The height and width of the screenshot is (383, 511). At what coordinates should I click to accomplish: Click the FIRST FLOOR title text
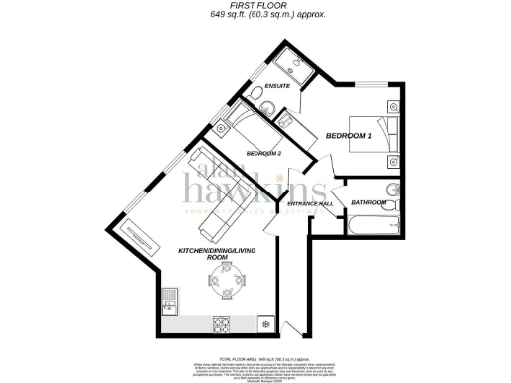[x=255, y=5]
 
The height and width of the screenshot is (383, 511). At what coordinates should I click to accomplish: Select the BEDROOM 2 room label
[x=264, y=154]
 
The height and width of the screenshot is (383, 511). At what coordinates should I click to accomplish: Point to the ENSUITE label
[x=278, y=87]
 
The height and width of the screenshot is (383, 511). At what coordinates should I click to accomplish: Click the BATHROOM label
[x=370, y=203]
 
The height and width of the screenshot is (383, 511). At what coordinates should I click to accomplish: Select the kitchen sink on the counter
[x=170, y=296]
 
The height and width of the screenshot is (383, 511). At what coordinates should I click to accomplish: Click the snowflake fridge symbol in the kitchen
[x=265, y=324]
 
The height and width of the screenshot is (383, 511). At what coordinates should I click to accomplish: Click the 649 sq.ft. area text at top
[x=255, y=15]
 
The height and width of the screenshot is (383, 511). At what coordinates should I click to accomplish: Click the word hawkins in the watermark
[x=264, y=187]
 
